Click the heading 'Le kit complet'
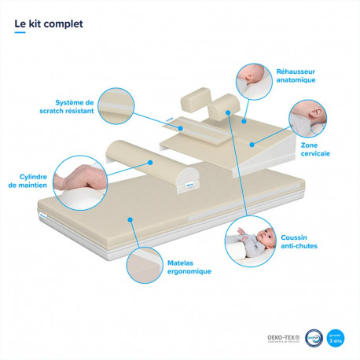tap(48, 24)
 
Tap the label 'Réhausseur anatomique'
tap(296, 75)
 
